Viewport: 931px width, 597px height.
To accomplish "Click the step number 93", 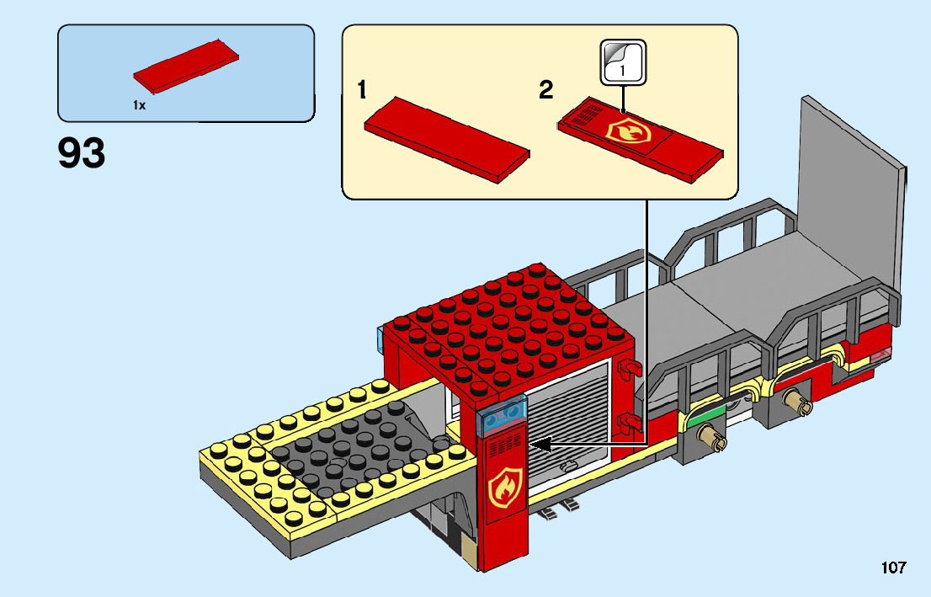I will tap(82, 153).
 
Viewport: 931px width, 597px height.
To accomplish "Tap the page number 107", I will tap(893, 568).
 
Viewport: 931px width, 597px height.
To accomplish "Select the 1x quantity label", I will tap(139, 105).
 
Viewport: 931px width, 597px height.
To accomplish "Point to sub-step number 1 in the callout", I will tap(362, 90).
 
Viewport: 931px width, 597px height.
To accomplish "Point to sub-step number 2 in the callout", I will tap(546, 90).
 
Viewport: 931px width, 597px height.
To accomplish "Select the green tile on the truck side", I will tap(707, 413).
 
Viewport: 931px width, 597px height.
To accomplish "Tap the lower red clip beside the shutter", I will tap(630, 420).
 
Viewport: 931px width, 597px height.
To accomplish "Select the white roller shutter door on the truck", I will tap(572, 429).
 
